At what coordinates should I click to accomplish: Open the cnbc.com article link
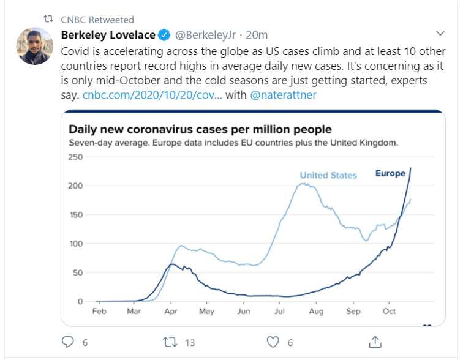(x=152, y=95)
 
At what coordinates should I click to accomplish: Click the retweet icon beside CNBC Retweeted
(x=50, y=20)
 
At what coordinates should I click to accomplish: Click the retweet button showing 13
(x=171, y=342)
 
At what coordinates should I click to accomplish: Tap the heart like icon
(x=274, y=342)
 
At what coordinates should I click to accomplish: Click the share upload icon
(x=376, y=341)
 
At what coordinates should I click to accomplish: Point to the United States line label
(x=328, y=176)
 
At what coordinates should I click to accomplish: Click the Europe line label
(x=390, y=174)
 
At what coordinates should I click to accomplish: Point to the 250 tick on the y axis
(x=74, y=157)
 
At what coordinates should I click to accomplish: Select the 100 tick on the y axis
(x=74, y=244)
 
